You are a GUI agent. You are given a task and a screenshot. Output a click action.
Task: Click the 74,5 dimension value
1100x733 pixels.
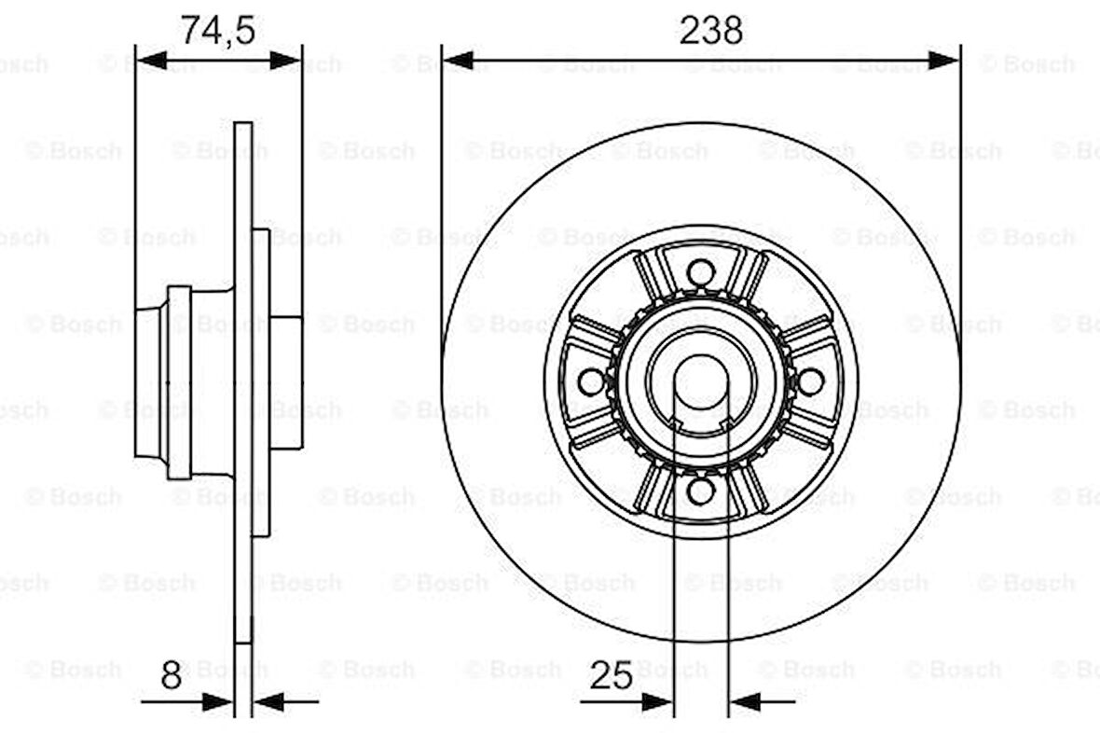(x=217, y=30)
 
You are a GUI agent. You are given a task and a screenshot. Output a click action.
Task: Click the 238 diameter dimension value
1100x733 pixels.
(x=711, y=30)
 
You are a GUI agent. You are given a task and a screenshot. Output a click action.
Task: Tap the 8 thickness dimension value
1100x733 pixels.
(x=172, y=675)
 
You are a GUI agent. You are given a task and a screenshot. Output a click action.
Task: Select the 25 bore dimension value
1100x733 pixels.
(x=611, y=675)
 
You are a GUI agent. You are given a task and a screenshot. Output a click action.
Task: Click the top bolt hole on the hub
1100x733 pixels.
(x=700, y=273)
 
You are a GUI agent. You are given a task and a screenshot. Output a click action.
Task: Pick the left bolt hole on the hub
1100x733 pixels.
(x=591, y=381)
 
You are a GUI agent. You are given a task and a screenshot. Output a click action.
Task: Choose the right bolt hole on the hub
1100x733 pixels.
(x=809, y=381)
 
